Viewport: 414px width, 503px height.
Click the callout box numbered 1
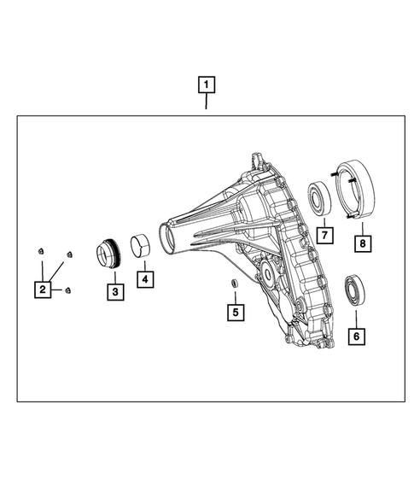click(206, 85)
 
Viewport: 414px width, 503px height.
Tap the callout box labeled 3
click(114, 292)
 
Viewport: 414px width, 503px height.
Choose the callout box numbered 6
click(355, 336)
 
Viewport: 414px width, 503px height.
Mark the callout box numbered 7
click(324, 232)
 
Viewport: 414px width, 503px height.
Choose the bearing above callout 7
click(324, 196)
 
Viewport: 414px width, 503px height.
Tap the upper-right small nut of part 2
click(69, 254)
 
